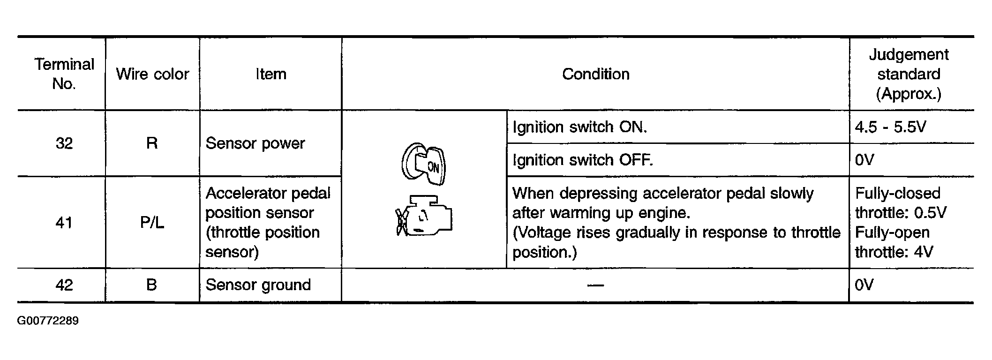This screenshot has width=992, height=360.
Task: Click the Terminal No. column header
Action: tap(64, 74)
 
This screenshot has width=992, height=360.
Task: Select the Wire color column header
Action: tap(152, 74)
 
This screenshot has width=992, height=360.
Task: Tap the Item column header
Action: tap(271, 74)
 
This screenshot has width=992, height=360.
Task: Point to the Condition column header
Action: tap(595, 74)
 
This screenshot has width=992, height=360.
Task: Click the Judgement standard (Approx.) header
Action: tap(909, 74)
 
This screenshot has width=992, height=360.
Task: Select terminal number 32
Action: tap(64, 143)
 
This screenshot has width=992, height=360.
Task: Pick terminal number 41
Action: tap(64, 223)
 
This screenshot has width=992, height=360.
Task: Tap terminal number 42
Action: tap(64, 285)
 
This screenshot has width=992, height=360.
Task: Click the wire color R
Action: tap(152, 143)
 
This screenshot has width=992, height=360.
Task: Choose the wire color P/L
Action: tap(152, 223)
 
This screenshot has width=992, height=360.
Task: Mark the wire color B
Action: tap(151, 285)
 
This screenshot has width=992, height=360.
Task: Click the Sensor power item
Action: tap(255, 143)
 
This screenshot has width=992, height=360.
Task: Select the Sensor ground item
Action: tap(258, 285)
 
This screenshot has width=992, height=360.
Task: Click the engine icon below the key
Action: tap(424, 216)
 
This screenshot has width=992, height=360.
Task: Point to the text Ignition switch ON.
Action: tap(579, 127)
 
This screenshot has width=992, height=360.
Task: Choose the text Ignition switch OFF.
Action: tap(582, 160)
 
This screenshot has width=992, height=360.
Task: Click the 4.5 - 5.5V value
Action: tap(890, 127)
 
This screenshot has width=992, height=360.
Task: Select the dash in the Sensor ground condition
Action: tap(595, 285)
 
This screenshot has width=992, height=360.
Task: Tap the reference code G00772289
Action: tap(48, 321)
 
